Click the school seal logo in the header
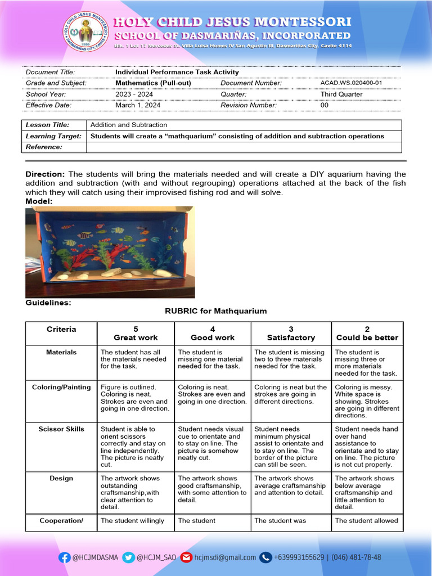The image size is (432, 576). (85, 31)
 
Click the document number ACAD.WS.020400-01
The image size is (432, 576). (351, 83)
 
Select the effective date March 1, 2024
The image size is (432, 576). (138, 105)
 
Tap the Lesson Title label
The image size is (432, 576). (48, 125)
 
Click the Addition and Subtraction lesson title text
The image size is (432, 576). (129, 125)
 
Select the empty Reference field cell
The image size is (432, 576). (244, 147)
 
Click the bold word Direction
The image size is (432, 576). (45, 174)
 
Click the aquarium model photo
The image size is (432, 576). (110, 251)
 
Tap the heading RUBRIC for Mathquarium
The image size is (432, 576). (215, 311)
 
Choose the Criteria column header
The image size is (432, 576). (61, 330)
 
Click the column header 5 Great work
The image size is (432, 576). (136, 334)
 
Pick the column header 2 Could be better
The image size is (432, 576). (367, 334)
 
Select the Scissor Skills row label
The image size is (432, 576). (61, 429)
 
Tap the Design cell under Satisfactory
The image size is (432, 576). (290, 485)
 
